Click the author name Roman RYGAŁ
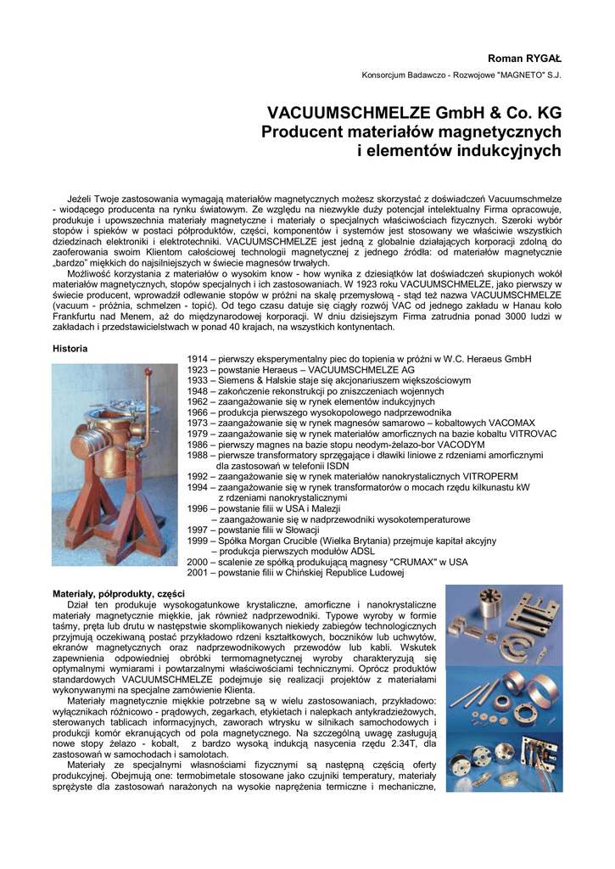(524, 57)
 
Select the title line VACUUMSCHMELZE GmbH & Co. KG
(414, 113)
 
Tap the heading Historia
(70, 348)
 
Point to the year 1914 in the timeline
(197, 360)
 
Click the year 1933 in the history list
(197, 381)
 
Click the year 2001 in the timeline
(197, 573)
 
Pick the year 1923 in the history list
(197, 371)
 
